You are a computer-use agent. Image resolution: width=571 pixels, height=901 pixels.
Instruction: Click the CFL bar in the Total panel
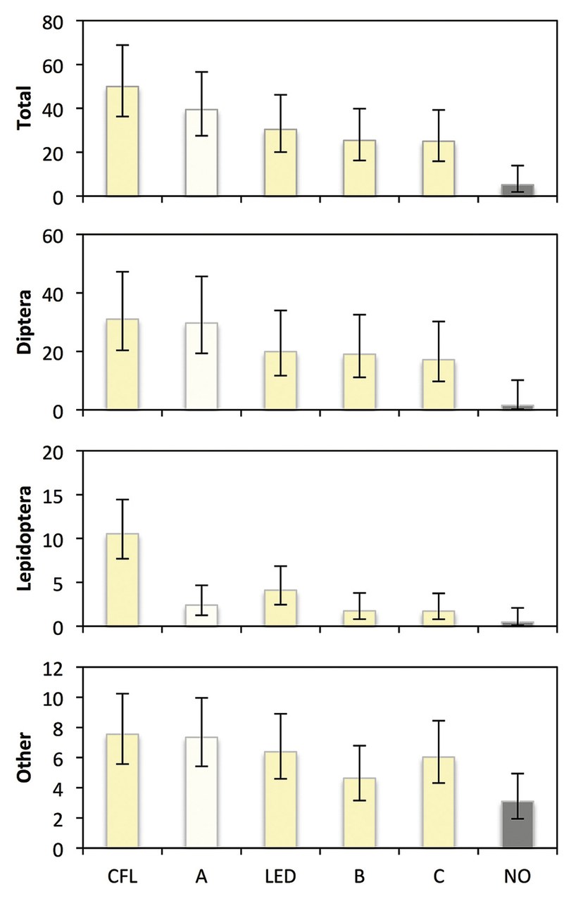[x=122, y=141]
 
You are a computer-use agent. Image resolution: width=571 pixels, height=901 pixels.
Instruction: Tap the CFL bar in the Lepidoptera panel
[x=122, y=580]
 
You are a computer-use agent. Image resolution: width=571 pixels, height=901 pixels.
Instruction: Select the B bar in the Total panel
[x=359, y=168]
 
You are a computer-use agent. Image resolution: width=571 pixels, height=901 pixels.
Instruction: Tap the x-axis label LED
[x=280, y=877]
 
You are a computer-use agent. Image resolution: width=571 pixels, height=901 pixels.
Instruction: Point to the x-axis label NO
[x=517, y=877]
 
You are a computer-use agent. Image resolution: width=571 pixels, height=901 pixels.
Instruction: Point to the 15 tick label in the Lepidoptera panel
[x=54, y=496]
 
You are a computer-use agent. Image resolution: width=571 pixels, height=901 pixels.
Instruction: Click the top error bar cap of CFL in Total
[x=122, y=45]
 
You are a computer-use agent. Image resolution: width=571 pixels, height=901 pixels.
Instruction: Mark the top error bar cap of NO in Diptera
[x=517, y=380]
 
